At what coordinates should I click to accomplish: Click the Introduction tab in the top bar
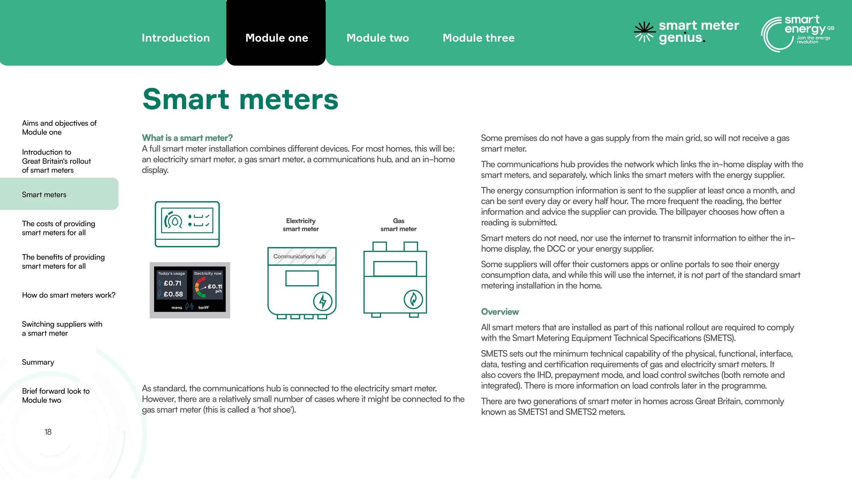point(176,38)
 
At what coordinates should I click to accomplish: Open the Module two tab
point(378,38)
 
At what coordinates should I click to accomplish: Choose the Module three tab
point(478,38)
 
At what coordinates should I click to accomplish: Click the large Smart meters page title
point(240,99)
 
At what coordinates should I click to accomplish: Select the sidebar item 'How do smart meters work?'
point(69,295)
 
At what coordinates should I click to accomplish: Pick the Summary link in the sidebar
point(38,362)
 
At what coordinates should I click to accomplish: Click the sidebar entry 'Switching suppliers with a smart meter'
point(62,328)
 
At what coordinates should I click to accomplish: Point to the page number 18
point(48,432)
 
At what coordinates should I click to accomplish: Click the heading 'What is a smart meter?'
point(187,138)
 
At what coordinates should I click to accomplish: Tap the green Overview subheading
point(500,312)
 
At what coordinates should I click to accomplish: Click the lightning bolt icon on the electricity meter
point(322,301)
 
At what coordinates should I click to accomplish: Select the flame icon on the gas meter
point(413,299)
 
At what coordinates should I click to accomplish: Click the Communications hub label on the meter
point(299,256)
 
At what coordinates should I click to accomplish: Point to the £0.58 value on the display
point(173,294)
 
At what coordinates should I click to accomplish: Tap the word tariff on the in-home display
point(203,308)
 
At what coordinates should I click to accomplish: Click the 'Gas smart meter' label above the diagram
point(398,225)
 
